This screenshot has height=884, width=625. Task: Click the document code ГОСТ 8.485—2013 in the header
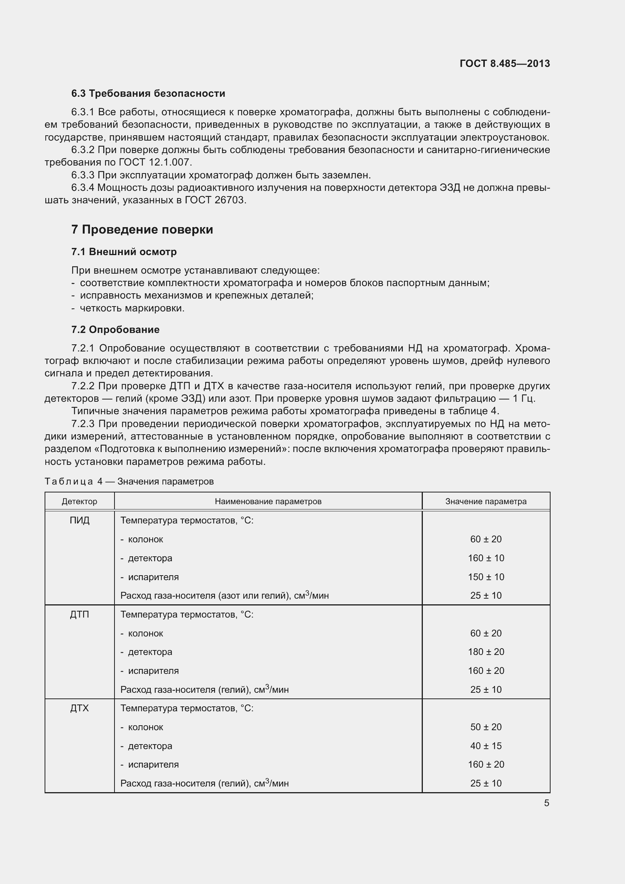point(504,63)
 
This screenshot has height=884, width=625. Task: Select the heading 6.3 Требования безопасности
point(148,94)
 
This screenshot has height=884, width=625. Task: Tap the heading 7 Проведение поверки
point(142,229)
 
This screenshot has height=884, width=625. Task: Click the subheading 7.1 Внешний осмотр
point(124,252)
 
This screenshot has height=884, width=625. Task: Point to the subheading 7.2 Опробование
point(116,330)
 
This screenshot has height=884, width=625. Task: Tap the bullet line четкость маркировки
point(132,308)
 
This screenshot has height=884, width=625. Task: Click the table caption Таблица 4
point(74,481)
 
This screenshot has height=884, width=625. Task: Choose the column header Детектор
point(80,501)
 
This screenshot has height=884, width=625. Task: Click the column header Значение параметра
point(486,501)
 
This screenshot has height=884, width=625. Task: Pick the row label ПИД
point(80,520)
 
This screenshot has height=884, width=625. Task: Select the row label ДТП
point(80,615)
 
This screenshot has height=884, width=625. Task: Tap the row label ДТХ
point(80,708)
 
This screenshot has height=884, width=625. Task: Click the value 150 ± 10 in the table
point(486,577)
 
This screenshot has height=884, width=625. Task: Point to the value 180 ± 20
point(486,652)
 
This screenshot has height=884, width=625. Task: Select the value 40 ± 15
point(486,746)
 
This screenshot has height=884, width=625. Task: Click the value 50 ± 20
point(486,727)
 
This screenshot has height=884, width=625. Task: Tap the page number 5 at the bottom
point(546,803)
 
